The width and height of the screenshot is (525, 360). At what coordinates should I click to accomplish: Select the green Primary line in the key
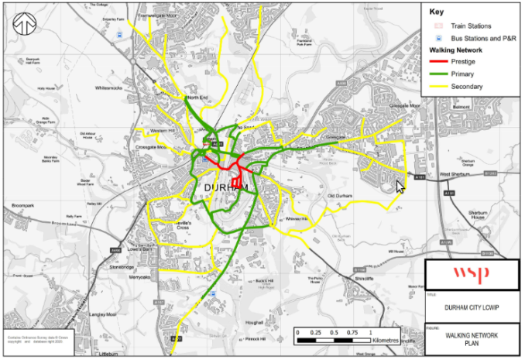441,74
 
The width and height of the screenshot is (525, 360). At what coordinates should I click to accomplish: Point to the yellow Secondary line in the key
441,87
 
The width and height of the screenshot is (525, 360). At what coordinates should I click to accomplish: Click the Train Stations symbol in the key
437,26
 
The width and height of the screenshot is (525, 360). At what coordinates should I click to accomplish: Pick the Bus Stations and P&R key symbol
437,37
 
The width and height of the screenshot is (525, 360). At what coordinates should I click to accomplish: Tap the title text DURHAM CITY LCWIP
473,307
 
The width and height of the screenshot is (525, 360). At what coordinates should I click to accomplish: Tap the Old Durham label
340,196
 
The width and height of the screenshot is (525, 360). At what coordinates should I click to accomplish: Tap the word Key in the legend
437,12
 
